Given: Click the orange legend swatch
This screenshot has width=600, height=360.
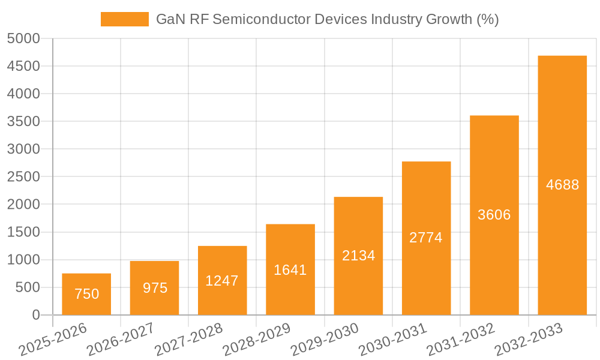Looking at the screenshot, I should click(x=124, y=19).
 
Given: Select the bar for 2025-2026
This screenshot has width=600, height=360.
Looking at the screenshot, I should click(x=86, y=294).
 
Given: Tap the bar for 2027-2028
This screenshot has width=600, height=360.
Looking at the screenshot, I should click(x=222, y=280).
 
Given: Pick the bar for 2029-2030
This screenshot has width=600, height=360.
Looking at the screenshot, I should click(x=358, y=256).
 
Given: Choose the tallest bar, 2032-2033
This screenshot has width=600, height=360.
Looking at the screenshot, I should click(x=562, y=185).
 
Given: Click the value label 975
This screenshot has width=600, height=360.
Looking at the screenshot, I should click(x=155, y=288).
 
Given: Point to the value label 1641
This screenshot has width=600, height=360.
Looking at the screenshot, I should click(x=290, y=270).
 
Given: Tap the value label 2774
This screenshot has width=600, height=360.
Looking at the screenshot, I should click(x=426, y=238).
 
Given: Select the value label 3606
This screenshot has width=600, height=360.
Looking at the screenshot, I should click(x=494, y=215).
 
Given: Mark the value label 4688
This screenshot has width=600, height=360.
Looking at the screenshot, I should click(x=562, y=185).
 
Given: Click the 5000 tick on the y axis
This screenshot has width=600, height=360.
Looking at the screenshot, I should click(x=23, y=38).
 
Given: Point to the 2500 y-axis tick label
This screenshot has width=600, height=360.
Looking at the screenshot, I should click(x=23, y=177).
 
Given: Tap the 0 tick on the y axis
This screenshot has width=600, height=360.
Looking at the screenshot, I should click(x=35, y=315).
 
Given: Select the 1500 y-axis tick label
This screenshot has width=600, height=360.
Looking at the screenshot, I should click(x=23, y=232).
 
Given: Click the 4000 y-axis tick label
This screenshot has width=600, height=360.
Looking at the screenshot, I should click(x=23, y=94).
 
